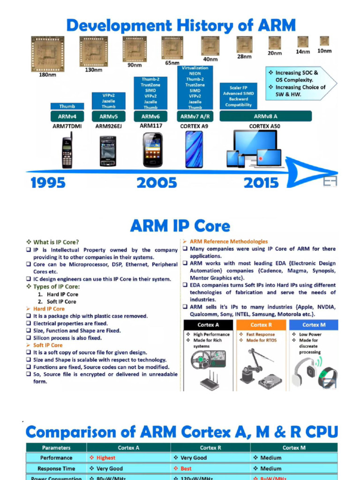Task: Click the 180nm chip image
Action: coord(47,53)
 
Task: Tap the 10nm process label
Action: coord(324,51)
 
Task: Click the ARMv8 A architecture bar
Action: coord(266,116)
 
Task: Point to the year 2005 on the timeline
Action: coord(157,183)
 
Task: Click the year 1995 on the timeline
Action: coord(48,183)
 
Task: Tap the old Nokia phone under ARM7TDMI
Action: coord(67,150)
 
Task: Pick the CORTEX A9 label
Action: coord(194,126)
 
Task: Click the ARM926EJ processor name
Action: coord(108,126)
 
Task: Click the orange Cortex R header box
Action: coord(261,325)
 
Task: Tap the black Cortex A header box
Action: coord(208,325)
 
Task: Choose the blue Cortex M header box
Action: coord(313,325)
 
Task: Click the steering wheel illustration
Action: coord(200,360)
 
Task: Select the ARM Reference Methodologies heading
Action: coord(228,241)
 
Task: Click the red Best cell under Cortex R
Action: coord(186,468)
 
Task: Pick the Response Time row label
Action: coord(56,468)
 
